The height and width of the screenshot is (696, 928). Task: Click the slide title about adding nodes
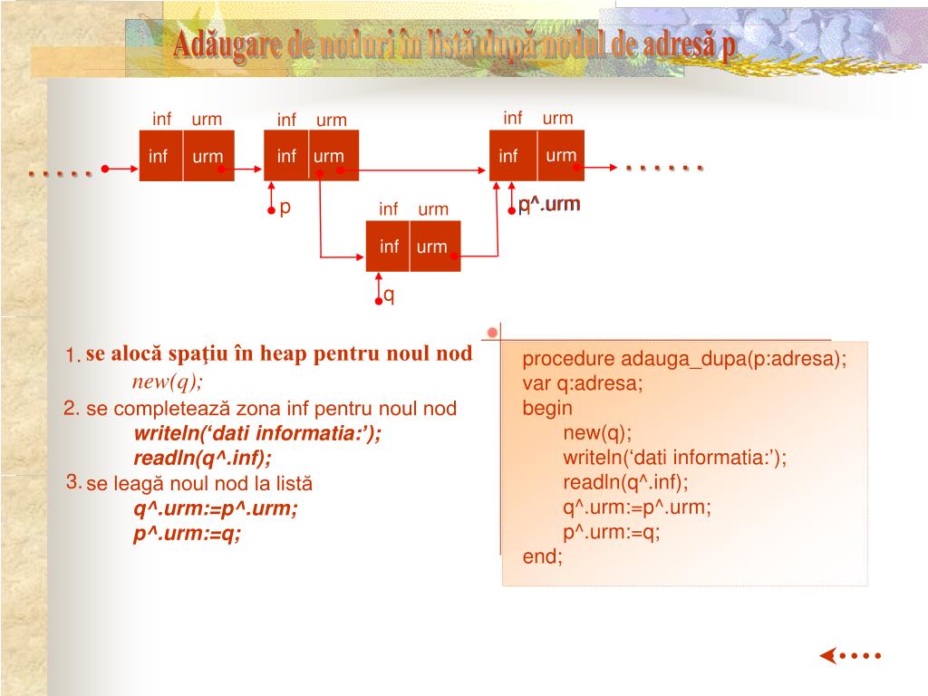pyautogui.click(x=454, y=44)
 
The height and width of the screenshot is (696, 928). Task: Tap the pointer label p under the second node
pyautogui.click(x=285, y=208)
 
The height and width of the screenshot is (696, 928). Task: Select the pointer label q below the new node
pyautogui.click(x=389, y=295)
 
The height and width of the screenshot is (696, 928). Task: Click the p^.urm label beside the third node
pyautogui.click(x=549, y=205)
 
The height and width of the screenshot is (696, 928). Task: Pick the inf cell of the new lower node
pyautogui.click(x=389, y=246)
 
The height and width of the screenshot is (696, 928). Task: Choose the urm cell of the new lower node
pyautogui.click(x=432, y=246)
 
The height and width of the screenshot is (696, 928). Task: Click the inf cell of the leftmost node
pyautogui.click(x=159, y=156)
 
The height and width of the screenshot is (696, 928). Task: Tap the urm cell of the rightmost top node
pyautogui.click(x=561, y=155)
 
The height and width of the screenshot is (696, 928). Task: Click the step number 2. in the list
pyautogui.click(x=72, y=409)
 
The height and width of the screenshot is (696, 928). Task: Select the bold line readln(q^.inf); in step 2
pyautogui.click(x=202, y=457)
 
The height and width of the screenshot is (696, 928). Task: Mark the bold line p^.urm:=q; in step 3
pyautogui.click(x=188, y=534)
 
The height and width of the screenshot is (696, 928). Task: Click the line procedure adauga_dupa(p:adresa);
pyautogui.click(x=684, y=359)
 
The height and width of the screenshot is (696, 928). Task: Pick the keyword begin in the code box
pyautogui.click(x=547, y=408)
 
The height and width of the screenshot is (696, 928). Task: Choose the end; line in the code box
pyautogui.click(x=543, y=556)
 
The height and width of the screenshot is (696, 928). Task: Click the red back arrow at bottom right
pyautogui.click(x=828, y=655)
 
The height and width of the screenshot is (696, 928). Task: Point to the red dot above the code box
pyautogui.click(x=492, y=333)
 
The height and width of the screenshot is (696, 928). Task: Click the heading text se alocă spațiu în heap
pyautogui.click(x=279, y=353)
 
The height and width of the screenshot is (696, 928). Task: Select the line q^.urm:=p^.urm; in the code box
pyautogui.click(x=637, y=507)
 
